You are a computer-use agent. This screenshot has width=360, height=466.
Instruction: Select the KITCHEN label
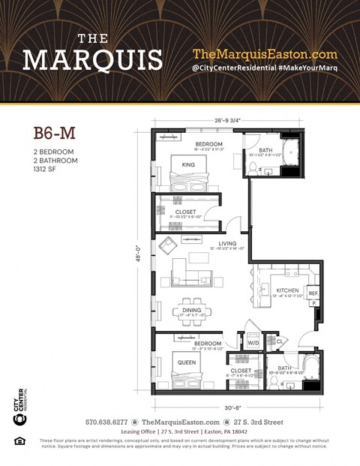[x=287, y=290]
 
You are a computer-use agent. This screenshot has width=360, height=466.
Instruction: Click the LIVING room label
[x=227, y=244]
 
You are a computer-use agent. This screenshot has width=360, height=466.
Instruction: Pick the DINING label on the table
[x=191, y=309]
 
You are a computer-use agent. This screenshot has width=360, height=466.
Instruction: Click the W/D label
[x=253, y=344]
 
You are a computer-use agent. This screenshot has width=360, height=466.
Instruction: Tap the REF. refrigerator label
[x=313, y=293]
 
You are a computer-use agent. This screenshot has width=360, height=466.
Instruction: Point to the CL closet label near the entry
[x=279, y=341]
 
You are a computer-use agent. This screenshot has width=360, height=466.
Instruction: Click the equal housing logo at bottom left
[x=20, y=440]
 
